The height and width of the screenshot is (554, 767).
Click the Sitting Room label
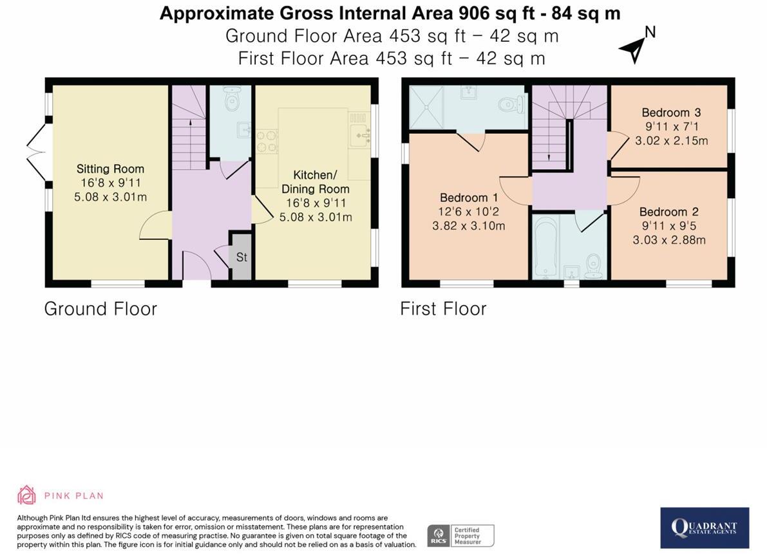[x=111, y=169]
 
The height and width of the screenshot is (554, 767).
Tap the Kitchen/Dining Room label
[x=316, y=181]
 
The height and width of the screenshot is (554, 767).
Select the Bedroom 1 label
[x=469, y=198]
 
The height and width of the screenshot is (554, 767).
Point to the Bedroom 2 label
[x=668, y=212]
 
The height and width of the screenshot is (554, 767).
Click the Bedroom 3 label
[x=671, y=113]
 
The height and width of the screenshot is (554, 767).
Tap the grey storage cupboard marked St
[x=241, y=257]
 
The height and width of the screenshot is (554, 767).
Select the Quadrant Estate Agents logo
[x=705, y=528]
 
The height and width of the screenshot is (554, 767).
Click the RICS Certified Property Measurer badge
[x=460, y=535]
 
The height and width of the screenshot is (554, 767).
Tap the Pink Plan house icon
[x=26, y=495]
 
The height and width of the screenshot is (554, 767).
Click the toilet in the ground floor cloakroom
[x=231, y=99]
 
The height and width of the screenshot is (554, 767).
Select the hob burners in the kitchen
[x=267, y=141]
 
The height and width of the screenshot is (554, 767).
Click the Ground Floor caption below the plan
[x=100, y=309]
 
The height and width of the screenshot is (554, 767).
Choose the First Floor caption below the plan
[x=443, y=309]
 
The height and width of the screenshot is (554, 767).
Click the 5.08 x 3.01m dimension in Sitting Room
[x=111, y=198]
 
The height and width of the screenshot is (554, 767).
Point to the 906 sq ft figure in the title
[x=496, y=13]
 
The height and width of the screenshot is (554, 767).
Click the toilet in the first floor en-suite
[x=512, y=103]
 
